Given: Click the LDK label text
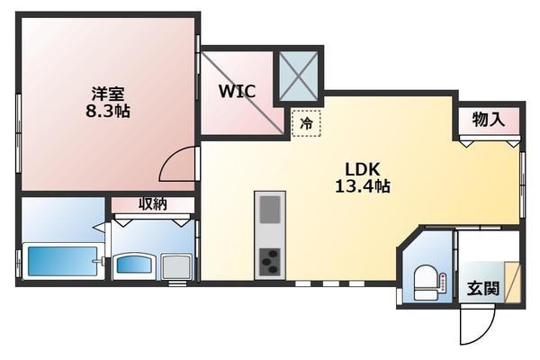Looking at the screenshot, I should click(365, 168).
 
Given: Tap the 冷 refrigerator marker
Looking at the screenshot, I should click(306, 124).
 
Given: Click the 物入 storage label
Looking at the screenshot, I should click(488, 119).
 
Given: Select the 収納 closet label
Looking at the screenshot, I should click(152, 204).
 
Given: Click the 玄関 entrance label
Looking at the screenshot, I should click(482, 288).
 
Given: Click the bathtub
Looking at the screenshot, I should click(61, 262).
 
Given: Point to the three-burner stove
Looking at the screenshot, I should click(270, 261).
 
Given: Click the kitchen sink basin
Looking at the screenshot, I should click(270, 209).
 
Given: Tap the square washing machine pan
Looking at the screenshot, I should click(175, 266).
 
